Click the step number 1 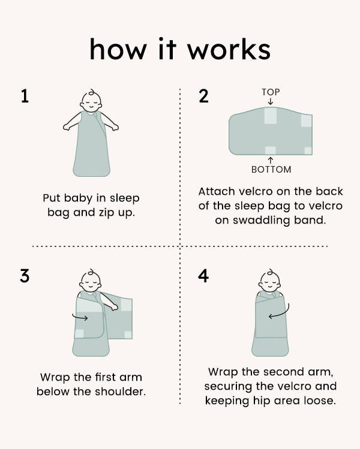tap(25, 97)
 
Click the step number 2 tap(204, 97)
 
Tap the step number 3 tap(25, 276)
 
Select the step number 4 tap(204, 276)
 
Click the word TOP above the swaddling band tap(271, 92)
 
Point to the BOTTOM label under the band tap(271, 170)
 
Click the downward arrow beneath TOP tap(271, 101)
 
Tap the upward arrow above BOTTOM tap(271, 159)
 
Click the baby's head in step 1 tap(91, 101)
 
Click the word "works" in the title tap(227, 50)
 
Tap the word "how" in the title tap(115, 50)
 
